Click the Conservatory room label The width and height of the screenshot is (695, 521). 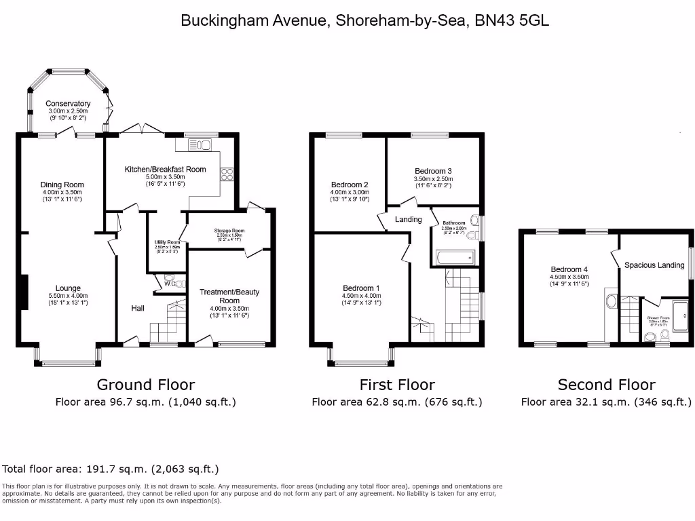pos(68,103)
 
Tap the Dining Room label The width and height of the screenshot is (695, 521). pos(62,185)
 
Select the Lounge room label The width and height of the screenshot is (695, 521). pos(68,288)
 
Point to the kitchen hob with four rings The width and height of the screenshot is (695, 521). pos(227,174)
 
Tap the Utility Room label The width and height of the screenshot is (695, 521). pos(167,242)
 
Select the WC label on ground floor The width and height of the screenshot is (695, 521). pos(169,284)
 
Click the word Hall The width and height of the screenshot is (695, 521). pos(138,309)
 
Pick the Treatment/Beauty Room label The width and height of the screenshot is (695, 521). pos(229,296)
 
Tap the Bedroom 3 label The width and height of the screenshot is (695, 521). pos(433,171)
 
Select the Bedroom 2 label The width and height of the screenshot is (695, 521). pos(350,185)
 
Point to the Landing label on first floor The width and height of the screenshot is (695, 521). pos(409,219)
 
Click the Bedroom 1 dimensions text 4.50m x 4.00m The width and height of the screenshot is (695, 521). pos(361,296)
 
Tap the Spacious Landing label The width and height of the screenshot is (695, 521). pos(654,265)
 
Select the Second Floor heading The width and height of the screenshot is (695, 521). pos(606,385)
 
